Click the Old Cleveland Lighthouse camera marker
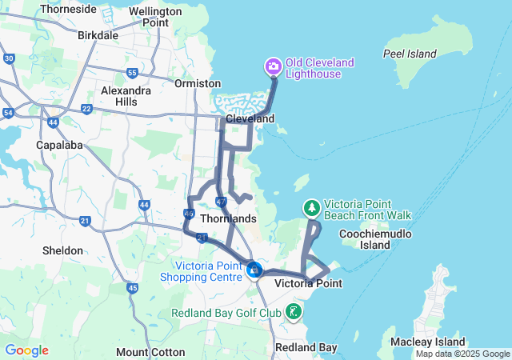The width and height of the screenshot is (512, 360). (x=273, y=65)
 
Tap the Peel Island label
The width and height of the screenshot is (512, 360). (x=410, y=54)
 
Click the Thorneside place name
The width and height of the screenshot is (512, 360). (x=68, y=9)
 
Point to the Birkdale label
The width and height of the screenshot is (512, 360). (x=98, y=35)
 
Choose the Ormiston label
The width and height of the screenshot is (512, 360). (x=198, y=83)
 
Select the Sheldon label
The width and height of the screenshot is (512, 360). (x=62, y=250)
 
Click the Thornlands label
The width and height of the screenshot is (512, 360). (x=229, y=218)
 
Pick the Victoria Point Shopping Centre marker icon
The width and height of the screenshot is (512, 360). (x=254, y=270)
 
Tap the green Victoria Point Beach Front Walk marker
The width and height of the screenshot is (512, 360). (x=311, y=208)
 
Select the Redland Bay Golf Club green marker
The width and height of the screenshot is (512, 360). (x=294, y=311)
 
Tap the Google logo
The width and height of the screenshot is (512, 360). (x=26, y=350)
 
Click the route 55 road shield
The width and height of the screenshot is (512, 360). (x=131, y=73)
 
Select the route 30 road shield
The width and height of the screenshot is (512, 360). (x=9, y=58)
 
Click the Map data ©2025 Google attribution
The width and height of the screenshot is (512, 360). (x=462, y=354)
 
